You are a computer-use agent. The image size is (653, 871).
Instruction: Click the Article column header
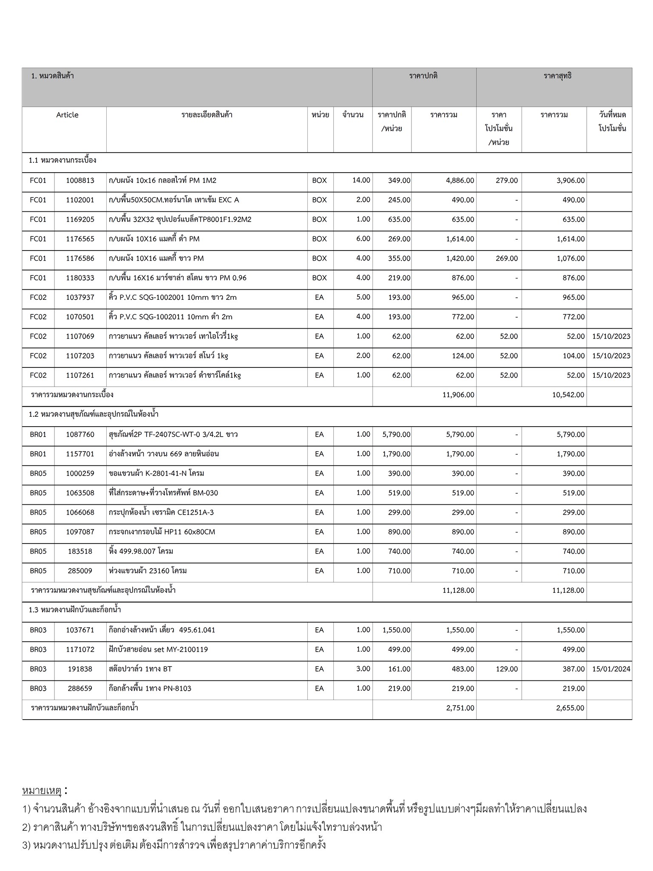tap(67, 115)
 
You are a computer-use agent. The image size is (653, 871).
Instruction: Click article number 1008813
tap(80, 180)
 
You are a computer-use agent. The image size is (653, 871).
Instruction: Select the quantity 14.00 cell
tap(361, 180)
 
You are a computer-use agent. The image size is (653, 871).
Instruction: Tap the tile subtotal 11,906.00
tap(458, 395)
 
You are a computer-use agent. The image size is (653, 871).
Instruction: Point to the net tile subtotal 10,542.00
tap(568, 395)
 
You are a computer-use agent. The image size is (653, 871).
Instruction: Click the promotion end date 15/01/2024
tap(611, 669)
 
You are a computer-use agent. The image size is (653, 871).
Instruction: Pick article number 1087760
tap(80, 435)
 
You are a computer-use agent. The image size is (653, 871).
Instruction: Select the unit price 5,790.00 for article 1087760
tap(396, 435)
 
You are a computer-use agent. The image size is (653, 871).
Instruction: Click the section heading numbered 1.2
tap(94, 414)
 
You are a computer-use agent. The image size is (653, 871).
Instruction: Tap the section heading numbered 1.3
tap(75, 610)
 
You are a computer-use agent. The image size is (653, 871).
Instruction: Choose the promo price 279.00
tap(506, 180)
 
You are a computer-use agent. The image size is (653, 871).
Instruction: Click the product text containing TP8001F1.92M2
tap(180, 219)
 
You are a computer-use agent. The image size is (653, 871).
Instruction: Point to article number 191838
tap(80, 669)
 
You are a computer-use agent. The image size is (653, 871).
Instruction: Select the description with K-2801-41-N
tap(156, 473)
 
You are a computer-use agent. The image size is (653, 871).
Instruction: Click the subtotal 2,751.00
tap(460, 708)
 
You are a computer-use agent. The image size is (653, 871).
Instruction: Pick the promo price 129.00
tap(506, 669)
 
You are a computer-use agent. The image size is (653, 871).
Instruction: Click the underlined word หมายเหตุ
tap(42, 791)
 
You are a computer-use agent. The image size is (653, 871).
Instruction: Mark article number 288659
tap(80, 689)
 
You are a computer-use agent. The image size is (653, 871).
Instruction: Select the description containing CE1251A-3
tap(161, 512)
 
